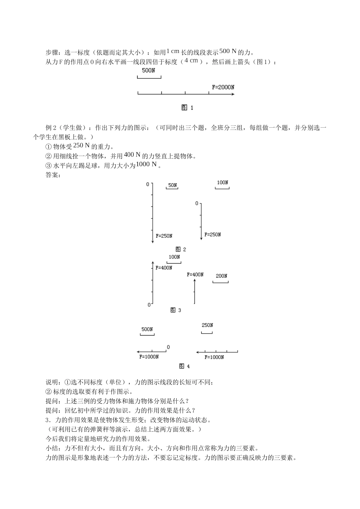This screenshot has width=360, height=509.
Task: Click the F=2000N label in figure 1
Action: (223, 87)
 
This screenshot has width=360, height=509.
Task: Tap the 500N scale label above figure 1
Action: (148, 70)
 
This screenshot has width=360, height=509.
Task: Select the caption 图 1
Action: (188, 108)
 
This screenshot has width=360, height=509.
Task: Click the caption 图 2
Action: (181, 249)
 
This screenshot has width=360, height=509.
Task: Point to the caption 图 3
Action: (176, 310)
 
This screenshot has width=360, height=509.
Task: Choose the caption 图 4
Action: (184, 366)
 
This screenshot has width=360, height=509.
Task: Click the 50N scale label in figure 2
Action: (172, 185)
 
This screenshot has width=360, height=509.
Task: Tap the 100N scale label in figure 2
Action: (222, 183)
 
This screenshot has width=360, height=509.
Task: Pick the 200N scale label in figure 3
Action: (221, 276)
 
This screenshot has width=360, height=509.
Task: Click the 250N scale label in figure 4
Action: (207, 325)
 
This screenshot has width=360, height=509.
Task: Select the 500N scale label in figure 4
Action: (147, 329)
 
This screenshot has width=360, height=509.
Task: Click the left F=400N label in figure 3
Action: (164, 268)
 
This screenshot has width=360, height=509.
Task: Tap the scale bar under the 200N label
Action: (220, 282)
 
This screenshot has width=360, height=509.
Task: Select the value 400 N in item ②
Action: (132, 155)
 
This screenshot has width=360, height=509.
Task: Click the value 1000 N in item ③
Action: (146, 164)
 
